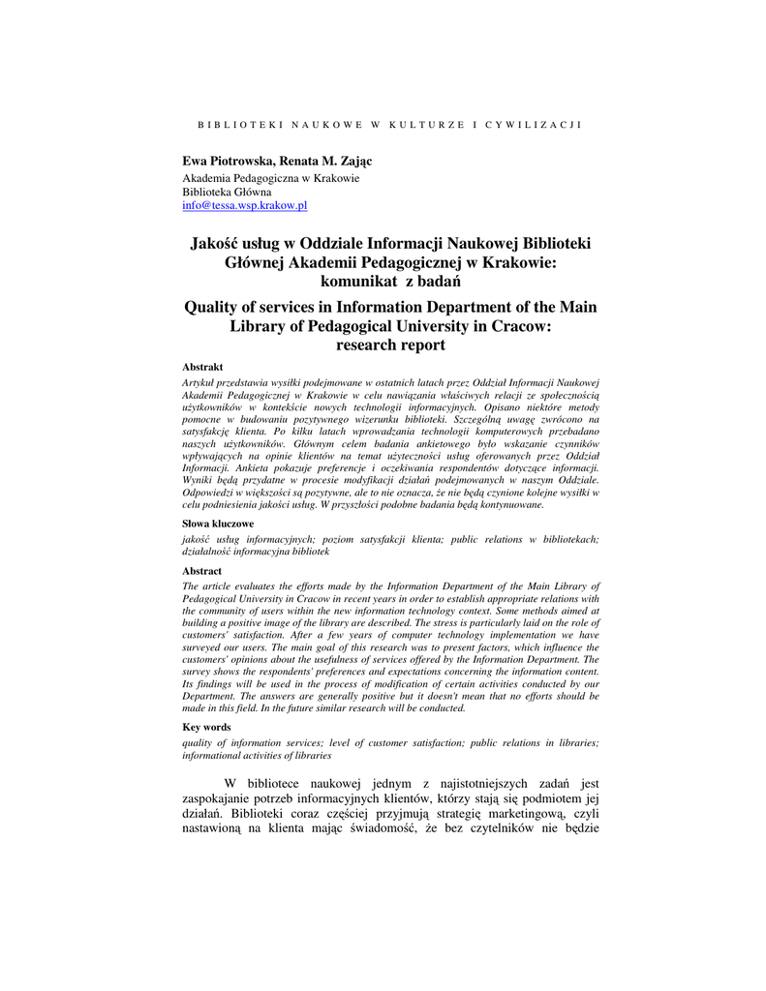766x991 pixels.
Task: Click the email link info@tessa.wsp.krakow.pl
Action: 245,205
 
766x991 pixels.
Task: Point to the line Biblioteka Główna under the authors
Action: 227,192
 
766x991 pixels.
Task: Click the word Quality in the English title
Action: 214,307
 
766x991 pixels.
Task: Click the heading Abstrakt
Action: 202,367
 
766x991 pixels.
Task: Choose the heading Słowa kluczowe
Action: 218,523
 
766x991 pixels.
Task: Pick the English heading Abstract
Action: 202,571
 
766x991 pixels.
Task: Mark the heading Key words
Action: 206,726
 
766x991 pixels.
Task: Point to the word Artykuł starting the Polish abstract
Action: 200,384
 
